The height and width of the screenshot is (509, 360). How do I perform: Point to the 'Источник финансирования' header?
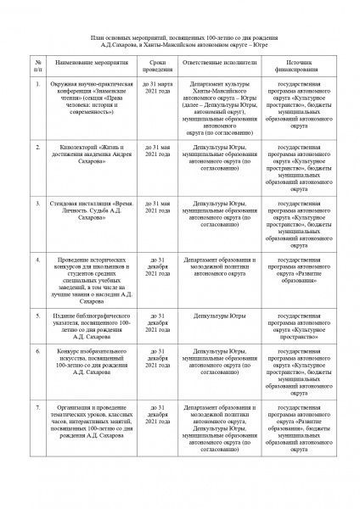[x=304, y=66]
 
